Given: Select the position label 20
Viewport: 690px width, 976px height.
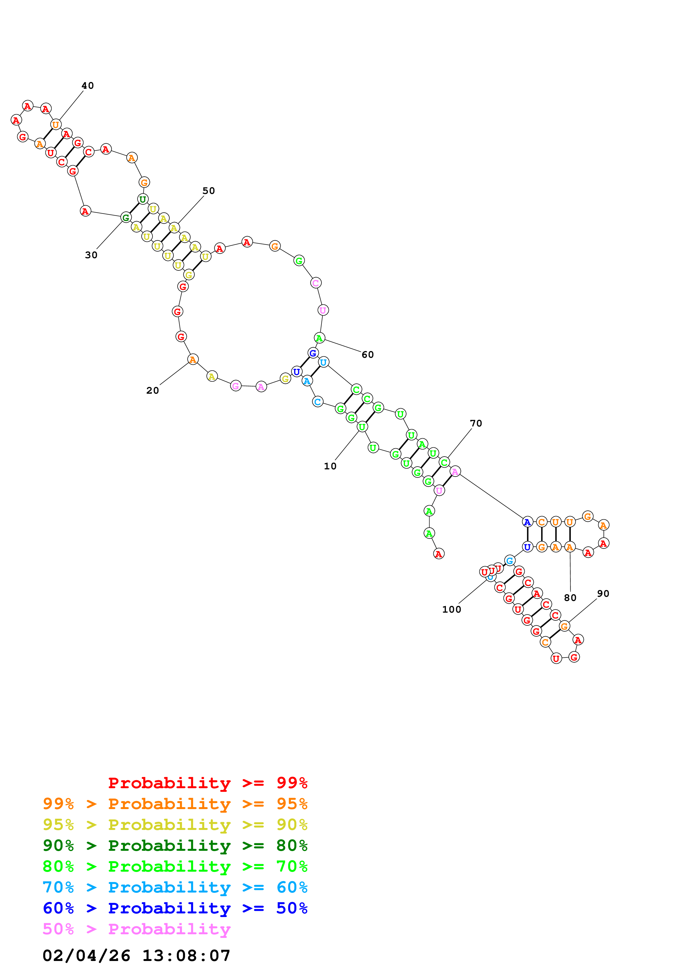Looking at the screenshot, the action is pyautogui.click(x=152, y=391).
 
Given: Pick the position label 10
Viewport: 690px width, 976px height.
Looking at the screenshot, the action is pyautogui.click(x=330, y=466).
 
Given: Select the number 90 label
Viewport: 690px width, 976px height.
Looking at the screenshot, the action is pyautogui.click(x=603, y=594).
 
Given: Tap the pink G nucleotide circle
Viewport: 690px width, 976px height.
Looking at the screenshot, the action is pyautogui.click(x=235, y=386).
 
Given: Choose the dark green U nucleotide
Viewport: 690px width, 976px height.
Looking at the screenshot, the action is pyautogui.click(x=143, y=199).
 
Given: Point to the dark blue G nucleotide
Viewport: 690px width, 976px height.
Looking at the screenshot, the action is pyautogui.click(x=313, y=353).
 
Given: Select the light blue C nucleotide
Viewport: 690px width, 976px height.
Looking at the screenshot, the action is pyautogui.click(x=318, y=402).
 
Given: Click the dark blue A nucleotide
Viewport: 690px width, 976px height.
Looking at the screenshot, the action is pyautogui.click(x=527, y=522).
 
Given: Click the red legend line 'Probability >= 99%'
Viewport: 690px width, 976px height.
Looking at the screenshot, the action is pyautogui.click(x=207, y=783).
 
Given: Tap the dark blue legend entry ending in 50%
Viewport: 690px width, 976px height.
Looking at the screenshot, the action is pyautogui.click(x=175, y=908).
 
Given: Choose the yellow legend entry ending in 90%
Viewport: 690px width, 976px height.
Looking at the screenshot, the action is pyautogui.click(x=175, y=825).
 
